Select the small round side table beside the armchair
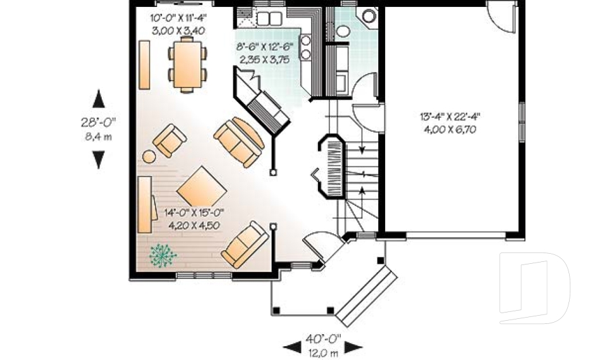(149, 156)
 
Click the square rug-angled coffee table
(201, 187)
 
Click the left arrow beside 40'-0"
(291, 346)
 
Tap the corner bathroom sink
(367, 15)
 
